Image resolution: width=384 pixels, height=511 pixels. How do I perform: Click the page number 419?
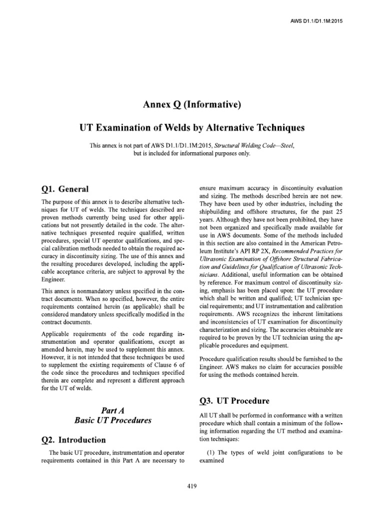click(x=192, y=487)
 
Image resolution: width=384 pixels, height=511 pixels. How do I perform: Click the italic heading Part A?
click(x=112, y=410)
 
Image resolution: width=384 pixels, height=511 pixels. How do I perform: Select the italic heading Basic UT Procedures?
click(x=112, y=421)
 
